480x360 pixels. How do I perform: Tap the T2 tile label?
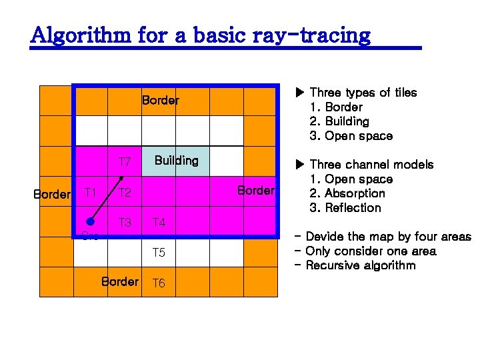[124, 193]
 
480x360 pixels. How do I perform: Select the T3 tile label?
[124, 223]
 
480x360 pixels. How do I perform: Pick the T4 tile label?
[158, 223]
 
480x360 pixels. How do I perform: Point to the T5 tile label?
[158, 253]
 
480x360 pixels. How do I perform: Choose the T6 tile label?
[158, 283]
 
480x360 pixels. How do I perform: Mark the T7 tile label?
[124, 162]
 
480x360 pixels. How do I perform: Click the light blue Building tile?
[176, 161]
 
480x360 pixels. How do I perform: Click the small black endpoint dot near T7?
[122, 178]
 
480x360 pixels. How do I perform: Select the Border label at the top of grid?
[160, 101]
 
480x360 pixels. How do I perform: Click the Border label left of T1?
[52, 195]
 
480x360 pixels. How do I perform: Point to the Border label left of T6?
[119, 281]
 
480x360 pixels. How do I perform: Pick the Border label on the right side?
[255, 191]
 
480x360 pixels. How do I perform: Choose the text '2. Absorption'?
[348, 193]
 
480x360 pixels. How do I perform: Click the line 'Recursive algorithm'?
[361, 265]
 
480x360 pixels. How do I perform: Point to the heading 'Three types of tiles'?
[363, 93]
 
